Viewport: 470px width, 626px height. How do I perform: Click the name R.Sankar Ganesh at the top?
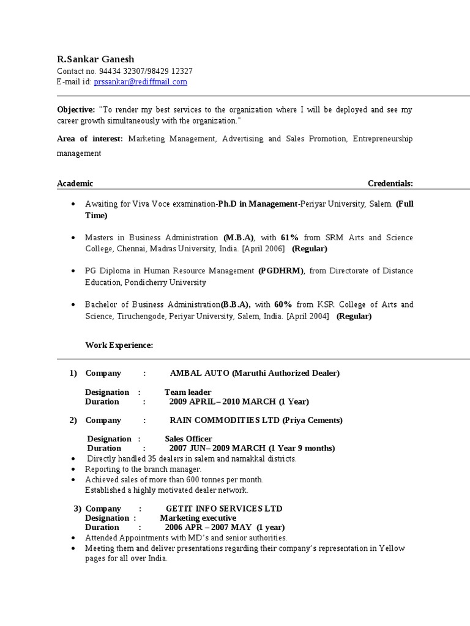[x=95, y=59]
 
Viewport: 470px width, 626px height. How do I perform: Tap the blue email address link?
[x=140, y=82]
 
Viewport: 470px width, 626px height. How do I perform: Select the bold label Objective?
[x=76, y=109]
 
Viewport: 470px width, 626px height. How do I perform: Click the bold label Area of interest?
[x=90, y=139]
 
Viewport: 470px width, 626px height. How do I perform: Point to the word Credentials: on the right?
[x=390, y=183]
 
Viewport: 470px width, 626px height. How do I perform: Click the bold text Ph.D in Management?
[x=258, y=204]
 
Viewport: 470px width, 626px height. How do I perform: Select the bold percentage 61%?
[x=289, y=237]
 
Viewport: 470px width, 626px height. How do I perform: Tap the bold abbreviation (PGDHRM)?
[x=281, y=271]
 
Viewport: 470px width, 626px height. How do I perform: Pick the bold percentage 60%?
[x=283, y=304]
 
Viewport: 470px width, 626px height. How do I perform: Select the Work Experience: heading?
[x=119, y=345]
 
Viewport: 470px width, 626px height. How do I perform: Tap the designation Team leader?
[x=188, y=392]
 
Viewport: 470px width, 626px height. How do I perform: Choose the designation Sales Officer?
[x=188, y=439]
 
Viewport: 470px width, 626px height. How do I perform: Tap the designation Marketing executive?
[x=198, y=518]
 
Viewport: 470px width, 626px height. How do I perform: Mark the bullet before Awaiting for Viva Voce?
[x=73, y=204]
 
